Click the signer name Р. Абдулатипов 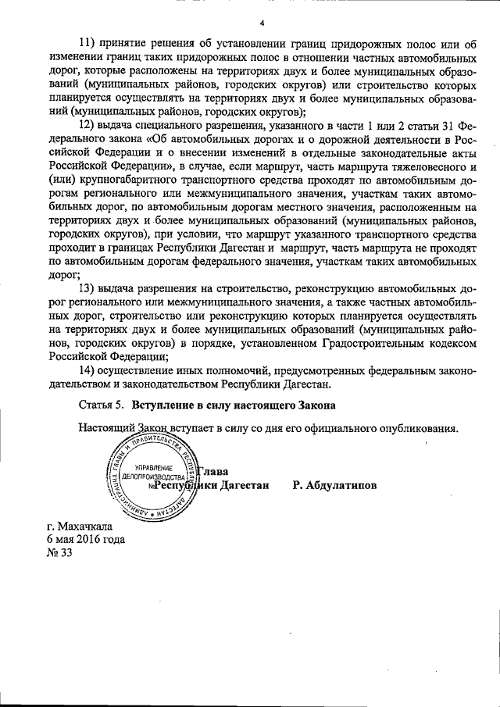(x=334, y=485)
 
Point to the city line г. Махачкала (x=80, y=525)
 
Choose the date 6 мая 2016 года (x=85, y=538)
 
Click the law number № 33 (x=59, y=552)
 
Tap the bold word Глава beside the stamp (x=212, y=471)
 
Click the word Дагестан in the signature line (x=243, y=485)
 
